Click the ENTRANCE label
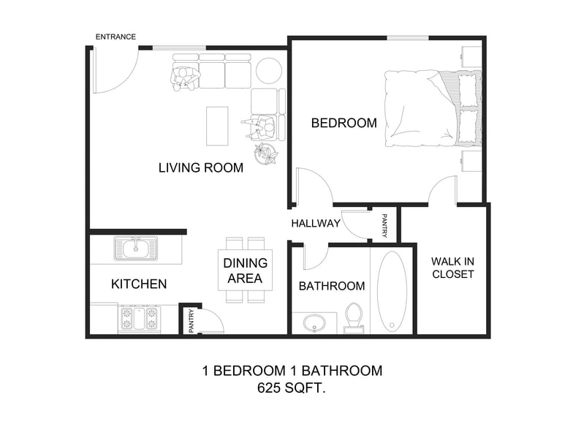(115, 37)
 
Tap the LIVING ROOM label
(201, 167)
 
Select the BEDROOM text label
(344, 123)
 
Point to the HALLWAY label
(316, 223)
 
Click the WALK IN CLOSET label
(452, 268)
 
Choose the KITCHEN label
(139, 284)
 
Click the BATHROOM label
(332, 286)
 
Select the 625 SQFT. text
(292, 389)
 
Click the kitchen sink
(136, 249)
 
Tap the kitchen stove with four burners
(139, 320)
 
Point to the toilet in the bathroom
(354, 318)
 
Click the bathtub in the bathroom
(392, 291)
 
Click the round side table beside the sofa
(268, 70)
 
